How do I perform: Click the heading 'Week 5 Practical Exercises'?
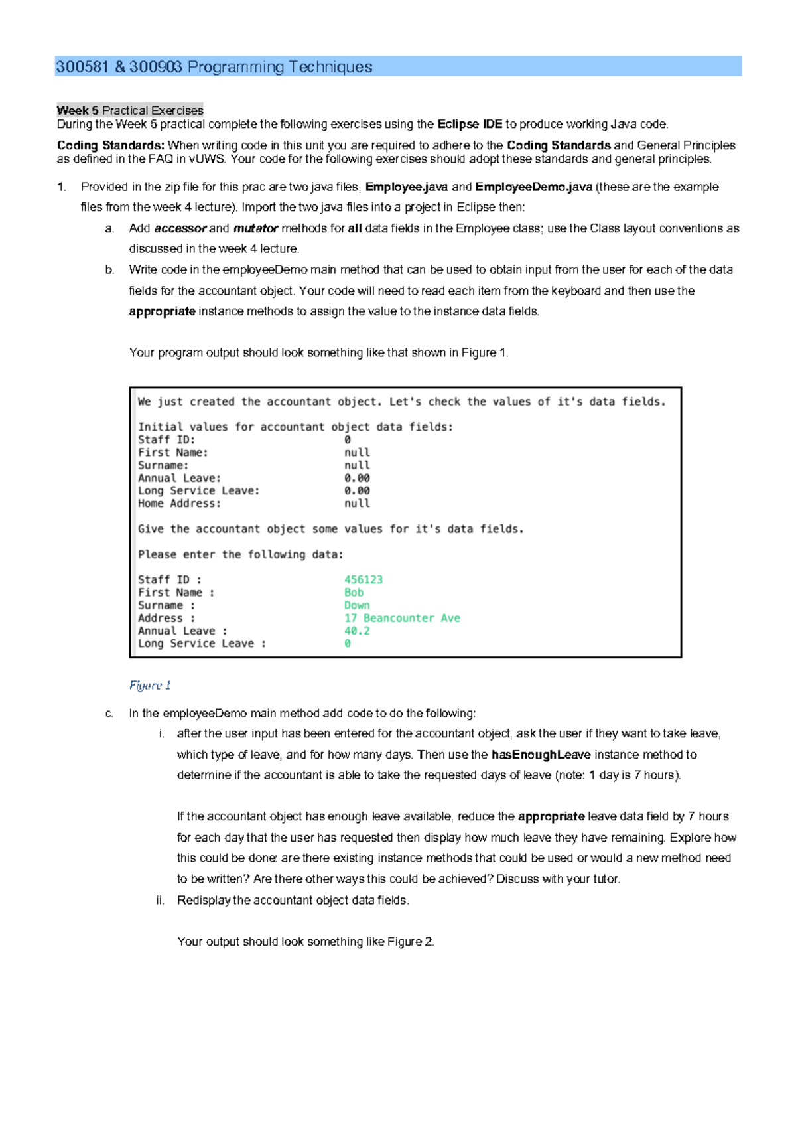coord(130,111)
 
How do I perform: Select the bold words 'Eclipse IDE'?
coord(470,125)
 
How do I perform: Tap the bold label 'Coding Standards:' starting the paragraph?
coord(110,145)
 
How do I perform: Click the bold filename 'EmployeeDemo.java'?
coord(533,187)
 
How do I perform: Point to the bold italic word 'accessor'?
coord(180,228)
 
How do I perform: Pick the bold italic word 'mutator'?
coord(255,228)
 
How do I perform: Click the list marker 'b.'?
coord(109,270)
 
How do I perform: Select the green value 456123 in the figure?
coord(363,580)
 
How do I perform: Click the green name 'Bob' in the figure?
coord(354,593)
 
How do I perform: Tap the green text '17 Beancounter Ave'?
coord(401,618)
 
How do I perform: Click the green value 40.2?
coord(357,631)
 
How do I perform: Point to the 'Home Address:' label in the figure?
coord(179,504)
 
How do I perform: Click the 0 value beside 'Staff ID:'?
coord(347,440)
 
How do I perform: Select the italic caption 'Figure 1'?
coord(150,686)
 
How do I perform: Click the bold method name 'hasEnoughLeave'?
coord(541,755)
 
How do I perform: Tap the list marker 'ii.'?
coord(160,901)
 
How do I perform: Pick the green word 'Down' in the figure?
coord(357,605)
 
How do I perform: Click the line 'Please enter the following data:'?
coord(241,555)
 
